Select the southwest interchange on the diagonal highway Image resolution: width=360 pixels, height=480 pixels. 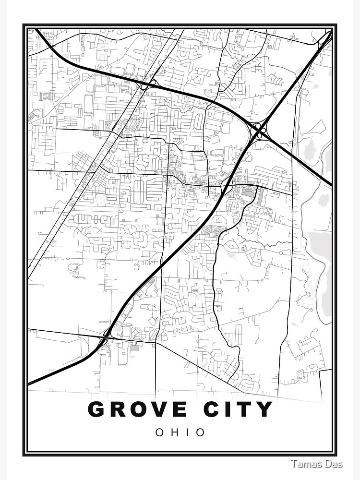pyautogui.click(x=107, y=335)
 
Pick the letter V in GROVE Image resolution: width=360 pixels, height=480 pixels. pyautogui.click(x=163, y=409)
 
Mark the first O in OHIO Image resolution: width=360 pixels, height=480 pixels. pyautogui.click(x=159, y=432)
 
